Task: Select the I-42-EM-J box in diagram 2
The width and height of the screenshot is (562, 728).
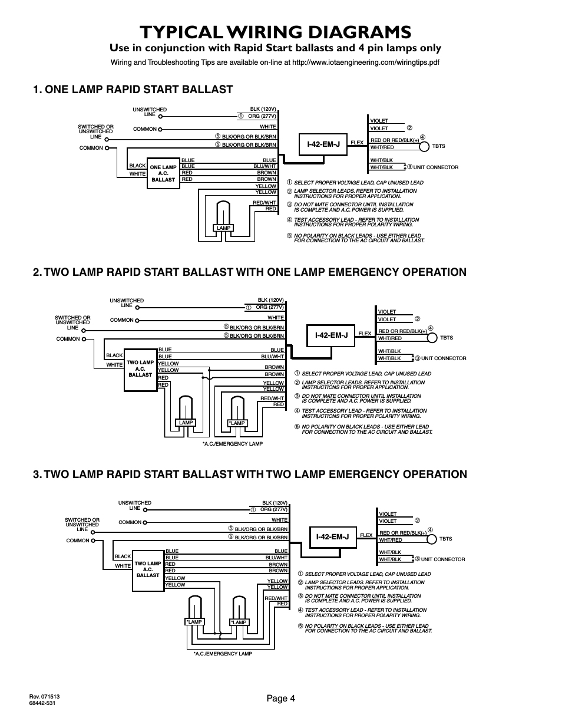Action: [331, 335]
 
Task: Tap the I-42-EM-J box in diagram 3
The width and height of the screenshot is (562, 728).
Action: [332, 536]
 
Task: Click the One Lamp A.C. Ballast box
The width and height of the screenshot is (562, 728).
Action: [163, 173]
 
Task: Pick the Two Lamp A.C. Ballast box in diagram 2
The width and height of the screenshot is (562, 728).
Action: [140, 368]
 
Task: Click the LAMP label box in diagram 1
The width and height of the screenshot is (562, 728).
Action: [223, 228]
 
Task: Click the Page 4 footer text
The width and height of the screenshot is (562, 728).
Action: [280, 699]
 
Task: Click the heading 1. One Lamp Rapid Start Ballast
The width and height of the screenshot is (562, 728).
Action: [133, 90]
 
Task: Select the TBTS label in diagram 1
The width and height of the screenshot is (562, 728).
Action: [439, 146]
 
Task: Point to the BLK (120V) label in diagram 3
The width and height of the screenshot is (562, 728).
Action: [274, 503]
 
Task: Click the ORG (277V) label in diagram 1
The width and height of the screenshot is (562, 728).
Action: [262, 116]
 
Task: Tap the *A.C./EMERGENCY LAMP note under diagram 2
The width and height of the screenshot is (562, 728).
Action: [232, 443]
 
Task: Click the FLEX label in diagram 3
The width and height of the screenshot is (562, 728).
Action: [366, 535]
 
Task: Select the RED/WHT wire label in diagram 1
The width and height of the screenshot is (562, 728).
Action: [265, 202]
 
